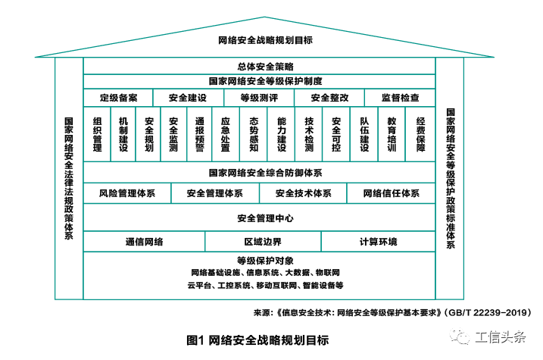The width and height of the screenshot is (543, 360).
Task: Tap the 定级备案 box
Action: pyautogui.click(x=118, y=98)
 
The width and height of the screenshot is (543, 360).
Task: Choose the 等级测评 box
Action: pyautogui.click(x=259, y=98)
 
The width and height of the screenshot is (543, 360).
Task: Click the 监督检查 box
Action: pyautogui.click(x=400, y=98)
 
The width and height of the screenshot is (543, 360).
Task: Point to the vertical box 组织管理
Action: pyautogui.click(x=97, y=135)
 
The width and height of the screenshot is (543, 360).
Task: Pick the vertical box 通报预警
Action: pyautogui.click(x=199, y=135)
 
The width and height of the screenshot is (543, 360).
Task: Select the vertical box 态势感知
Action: pyautogui.click(x=254, y=135)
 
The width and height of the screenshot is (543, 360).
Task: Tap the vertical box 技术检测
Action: pyautogui.click(x=308, y=135)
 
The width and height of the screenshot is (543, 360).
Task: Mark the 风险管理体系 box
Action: pyautogui.click(x=126, y=193)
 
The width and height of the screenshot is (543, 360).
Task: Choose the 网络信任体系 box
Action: pyautogui.click(x=391, y=193)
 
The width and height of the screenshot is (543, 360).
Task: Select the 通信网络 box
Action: pyautogui.click(x=144, y=242)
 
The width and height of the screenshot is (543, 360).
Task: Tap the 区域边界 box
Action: pyautogui.click(x=263, y=242)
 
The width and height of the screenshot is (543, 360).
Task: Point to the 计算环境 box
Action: pyautogui.click(x=378, y=242)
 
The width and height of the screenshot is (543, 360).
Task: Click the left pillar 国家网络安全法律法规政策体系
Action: pyautogui.click(x=69, y=178)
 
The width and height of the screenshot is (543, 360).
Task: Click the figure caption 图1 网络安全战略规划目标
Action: pyautogui.click(x=257, y=340)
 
